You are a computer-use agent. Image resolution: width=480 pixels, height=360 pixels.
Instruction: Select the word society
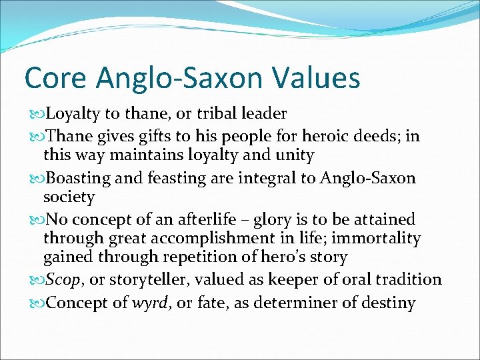coord(69,197)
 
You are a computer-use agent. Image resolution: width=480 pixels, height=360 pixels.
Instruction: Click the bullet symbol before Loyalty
coord(35,113)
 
